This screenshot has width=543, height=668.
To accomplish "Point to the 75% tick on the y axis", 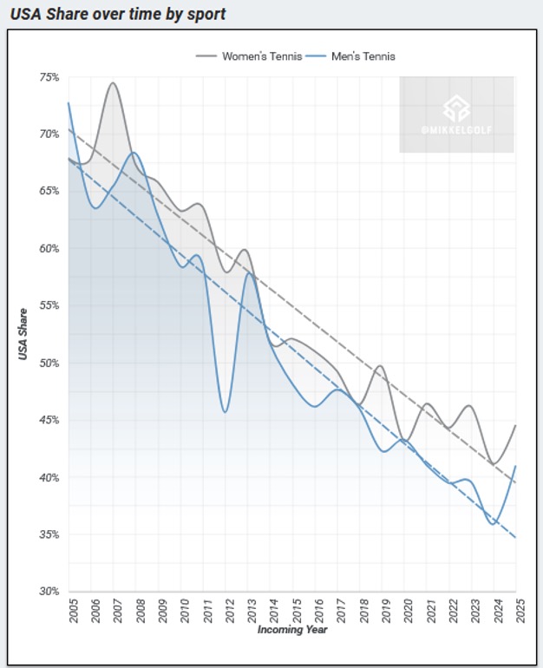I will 49,77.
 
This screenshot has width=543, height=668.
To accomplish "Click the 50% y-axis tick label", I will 49,363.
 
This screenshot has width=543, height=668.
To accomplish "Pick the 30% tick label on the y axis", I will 49,592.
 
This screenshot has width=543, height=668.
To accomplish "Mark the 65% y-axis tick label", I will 49,192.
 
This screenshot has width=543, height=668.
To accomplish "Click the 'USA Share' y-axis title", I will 25,334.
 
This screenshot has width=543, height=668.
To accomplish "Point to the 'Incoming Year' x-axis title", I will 292,629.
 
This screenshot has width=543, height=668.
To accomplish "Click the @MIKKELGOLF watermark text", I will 456,131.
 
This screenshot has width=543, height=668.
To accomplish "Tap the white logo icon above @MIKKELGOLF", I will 456,107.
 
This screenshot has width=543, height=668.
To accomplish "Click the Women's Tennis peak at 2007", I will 113,82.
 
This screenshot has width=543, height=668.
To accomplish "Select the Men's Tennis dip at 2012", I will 225,411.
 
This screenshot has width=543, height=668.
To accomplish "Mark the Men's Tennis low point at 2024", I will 494,524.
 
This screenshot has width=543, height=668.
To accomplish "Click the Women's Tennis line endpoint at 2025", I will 516,425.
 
